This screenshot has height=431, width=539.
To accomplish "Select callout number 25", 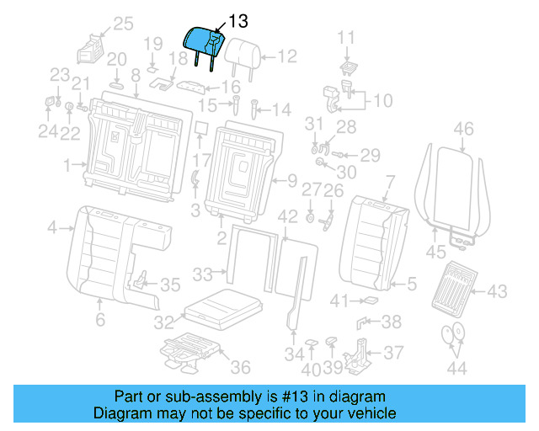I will click(123, 24).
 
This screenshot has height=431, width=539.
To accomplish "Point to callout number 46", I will click(463, 129).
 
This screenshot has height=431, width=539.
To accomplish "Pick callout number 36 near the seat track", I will click(240, 368).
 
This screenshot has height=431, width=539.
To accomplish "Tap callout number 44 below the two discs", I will click(456, 368).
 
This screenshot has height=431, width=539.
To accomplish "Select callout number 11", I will click(347, 37).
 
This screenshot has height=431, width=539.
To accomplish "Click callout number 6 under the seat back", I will click(99, 319).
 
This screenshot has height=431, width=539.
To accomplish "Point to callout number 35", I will click(170, 285).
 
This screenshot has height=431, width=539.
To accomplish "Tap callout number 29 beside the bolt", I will click(371, 155).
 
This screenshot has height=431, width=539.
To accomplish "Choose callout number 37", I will click(393, 353).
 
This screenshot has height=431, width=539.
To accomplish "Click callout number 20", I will click(116, 59).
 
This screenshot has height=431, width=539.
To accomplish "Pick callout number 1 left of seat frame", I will click(66, 163).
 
